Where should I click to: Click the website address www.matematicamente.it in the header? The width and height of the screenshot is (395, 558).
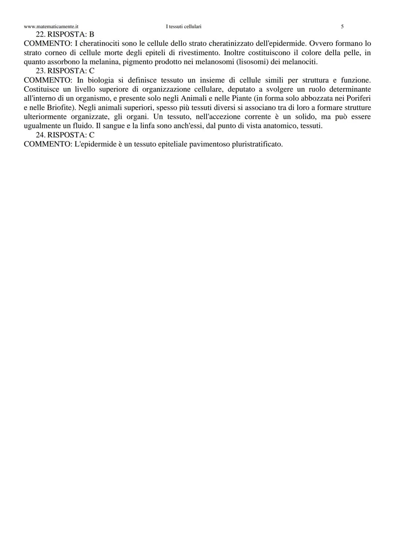pos(51,27)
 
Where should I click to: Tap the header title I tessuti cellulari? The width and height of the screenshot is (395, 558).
pos(184,27)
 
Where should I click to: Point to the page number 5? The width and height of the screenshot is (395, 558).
pos(342,27)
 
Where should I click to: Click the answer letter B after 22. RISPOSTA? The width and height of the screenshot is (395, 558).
pos(91,34)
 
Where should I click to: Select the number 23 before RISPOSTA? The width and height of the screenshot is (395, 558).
pos(40,71)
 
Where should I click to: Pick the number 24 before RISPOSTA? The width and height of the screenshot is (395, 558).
pos(40,135)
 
